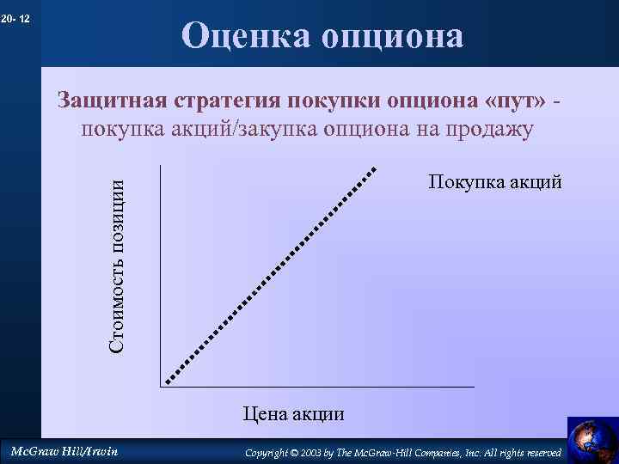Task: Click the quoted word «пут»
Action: click(515, 100)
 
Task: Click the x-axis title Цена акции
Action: click(293, 414)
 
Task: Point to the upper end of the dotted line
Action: click(374, 169)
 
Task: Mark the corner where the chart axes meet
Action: click(160, 387)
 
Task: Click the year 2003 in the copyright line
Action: click(310, 453)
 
